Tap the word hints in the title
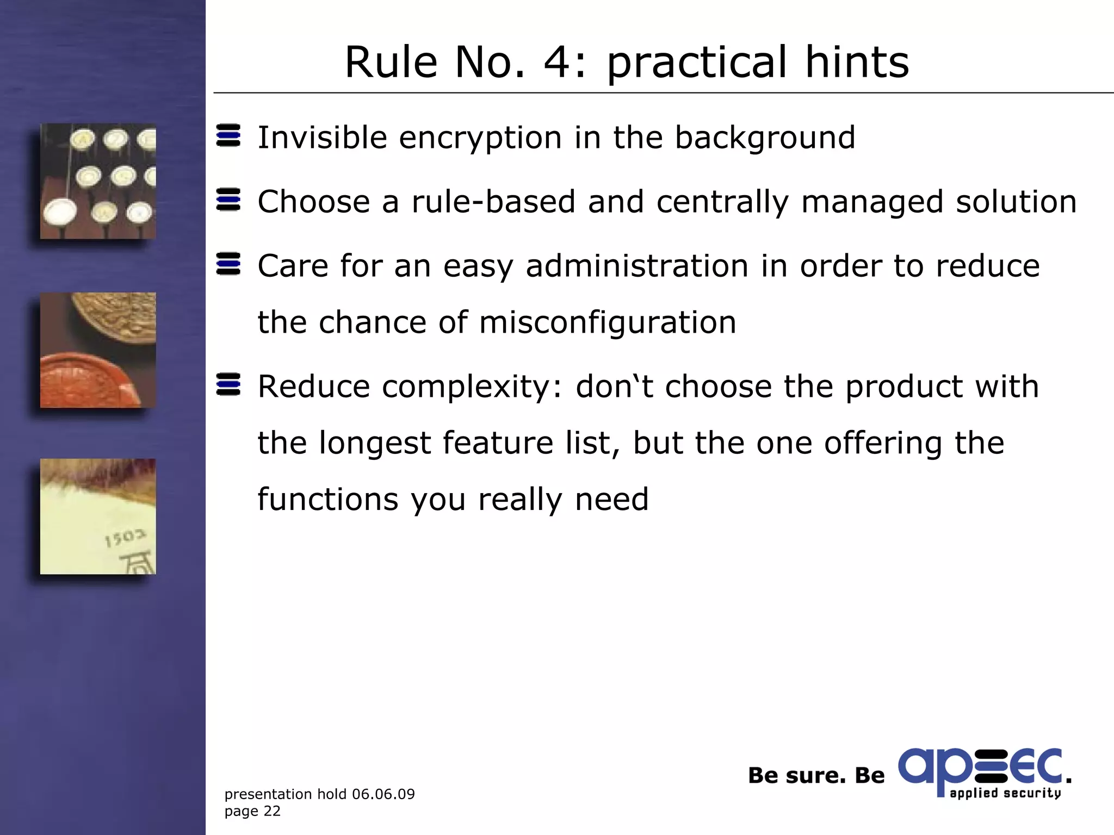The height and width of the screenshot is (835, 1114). pyautogui.click(x=857, y=62)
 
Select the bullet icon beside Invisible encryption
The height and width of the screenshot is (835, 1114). pyautogui.click(x=228, y=135)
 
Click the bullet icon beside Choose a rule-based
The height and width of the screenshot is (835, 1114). pyautogui.click(x=228, y=200)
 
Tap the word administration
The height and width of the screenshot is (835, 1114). pyautogui.click(x=636, y=266)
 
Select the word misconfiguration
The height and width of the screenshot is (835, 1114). pyautogui.click(x=608, y=322)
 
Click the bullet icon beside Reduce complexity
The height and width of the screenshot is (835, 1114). pyautogui.click(x=228, y=384)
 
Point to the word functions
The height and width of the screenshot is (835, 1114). pyautogui.click(x=327, y=499)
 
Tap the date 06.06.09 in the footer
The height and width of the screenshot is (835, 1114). pyautogui.click(x=383, y=794)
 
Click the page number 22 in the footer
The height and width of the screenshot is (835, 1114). pyautogui.click(x=272, y=811)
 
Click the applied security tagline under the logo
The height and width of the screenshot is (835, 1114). pyautogui.click(x=1005, y=793)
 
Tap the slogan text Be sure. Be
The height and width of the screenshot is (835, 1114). pyautogui.click(x=816, y=776)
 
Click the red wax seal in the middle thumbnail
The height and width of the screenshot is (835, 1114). pyautogui.click(x=87, y=381)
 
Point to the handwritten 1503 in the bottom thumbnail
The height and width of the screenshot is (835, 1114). pyautogui.click(x=125, y=538)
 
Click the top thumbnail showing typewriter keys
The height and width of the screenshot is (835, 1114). pyautogui.click(x=98, y=181)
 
